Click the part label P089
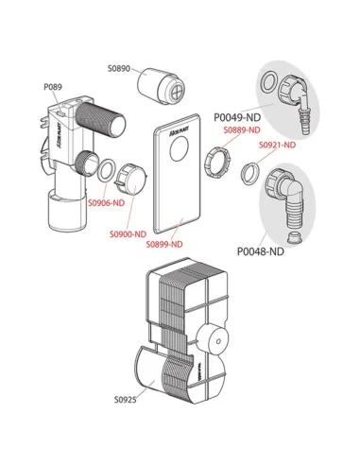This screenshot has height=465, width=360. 52,87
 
